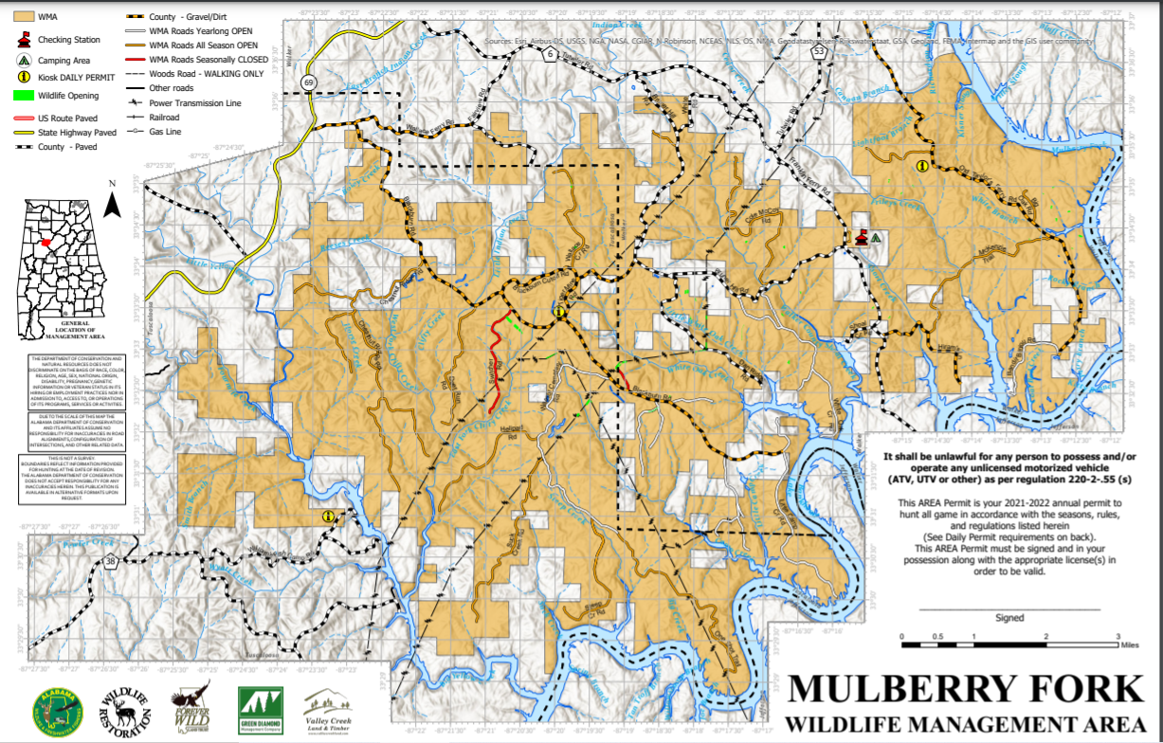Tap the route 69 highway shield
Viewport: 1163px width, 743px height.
tap(309, 84)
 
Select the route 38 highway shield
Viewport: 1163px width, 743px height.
tap(112, 563)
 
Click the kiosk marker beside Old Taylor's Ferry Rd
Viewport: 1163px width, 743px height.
tap(921, 166)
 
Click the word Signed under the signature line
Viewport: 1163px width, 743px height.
tap(1009, 618)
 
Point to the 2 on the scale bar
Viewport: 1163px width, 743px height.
tap(1045, 636)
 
